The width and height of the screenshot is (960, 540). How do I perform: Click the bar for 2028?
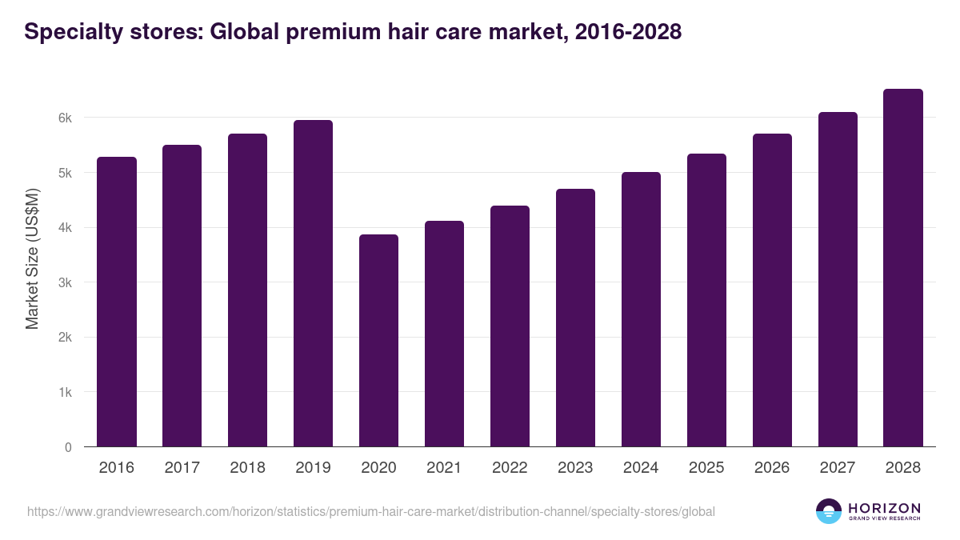point(903,268)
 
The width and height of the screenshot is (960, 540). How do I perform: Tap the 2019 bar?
point(313,283)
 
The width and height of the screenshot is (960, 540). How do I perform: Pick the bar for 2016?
point(117,302)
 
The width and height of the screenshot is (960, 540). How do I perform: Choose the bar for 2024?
point(641,309)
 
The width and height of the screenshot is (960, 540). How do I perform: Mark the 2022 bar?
point(510,326)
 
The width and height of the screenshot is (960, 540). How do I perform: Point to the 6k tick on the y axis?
point(65,118)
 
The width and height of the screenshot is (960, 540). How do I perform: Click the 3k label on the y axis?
point(65,282)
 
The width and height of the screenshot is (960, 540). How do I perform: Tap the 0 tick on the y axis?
point(68,447)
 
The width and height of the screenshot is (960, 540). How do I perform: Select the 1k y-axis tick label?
point(65,393)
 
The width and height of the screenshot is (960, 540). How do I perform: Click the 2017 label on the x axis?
point(182,468)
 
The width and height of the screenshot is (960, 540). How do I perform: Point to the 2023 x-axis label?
point(575,468)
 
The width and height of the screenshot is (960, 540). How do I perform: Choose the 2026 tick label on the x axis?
point(772,468)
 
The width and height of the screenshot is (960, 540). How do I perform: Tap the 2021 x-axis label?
point(444,468)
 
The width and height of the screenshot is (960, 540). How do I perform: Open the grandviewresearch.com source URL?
point(371,511)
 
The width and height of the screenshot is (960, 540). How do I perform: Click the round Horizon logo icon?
point(829,511)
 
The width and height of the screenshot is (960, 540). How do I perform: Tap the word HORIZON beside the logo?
point(884,507)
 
